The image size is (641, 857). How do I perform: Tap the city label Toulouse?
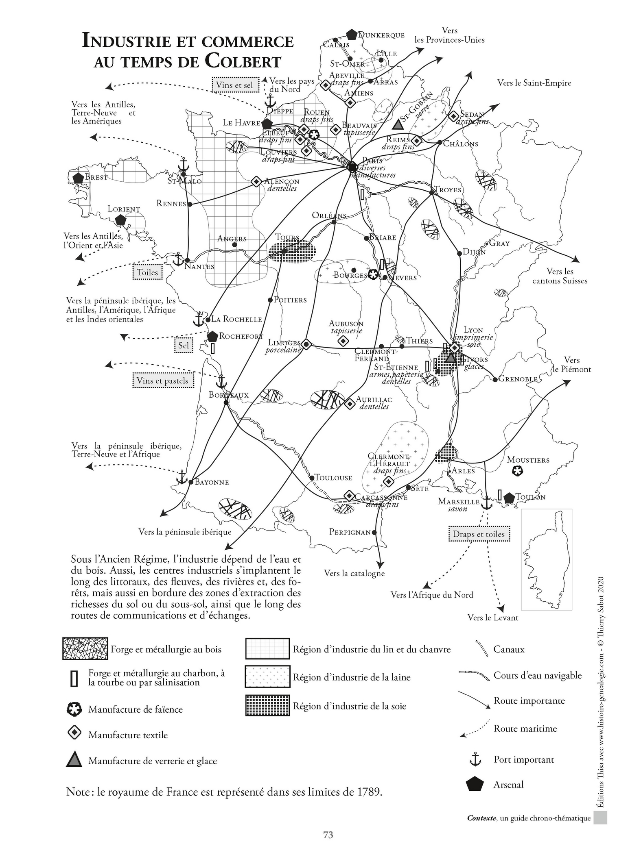[333, 478]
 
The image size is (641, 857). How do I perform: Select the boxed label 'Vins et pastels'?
[162, 381]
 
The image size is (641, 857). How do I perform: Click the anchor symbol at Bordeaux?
[221, 382]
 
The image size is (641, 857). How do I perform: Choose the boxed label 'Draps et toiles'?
[479, 534]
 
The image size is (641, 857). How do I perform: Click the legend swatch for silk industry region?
[267, 705]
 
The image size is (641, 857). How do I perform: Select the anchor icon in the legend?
[475, 759]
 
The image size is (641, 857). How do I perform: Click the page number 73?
[328, 835]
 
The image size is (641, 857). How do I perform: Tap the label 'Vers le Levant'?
[493, 618]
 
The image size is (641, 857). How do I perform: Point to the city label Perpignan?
[350, 532]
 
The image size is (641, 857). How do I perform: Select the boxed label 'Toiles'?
[147, 272]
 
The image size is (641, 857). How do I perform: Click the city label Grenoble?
[518, 379]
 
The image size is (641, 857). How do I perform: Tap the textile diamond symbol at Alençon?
[256, 181]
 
